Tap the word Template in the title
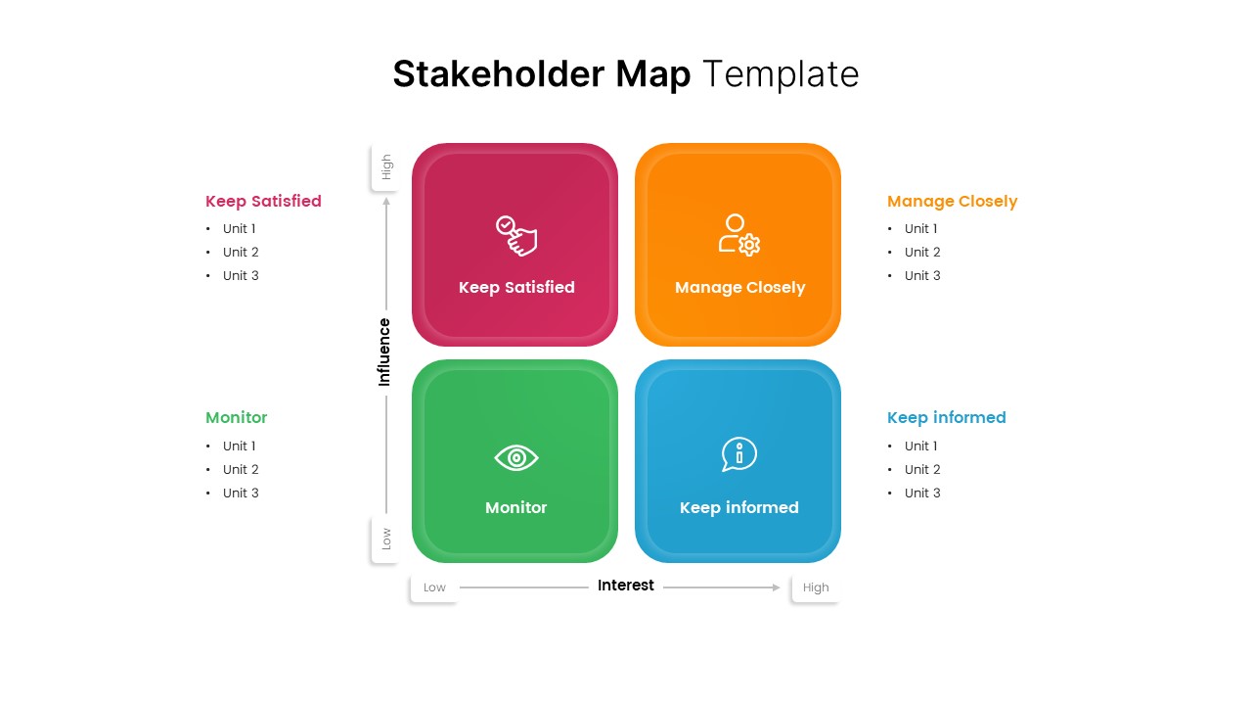click(x=781, y=74)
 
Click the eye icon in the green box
click(x=516, y=457)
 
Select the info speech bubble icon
click(x=739, y=454)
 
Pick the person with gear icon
click(x=739, y=235)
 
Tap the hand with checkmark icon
click(x=516, y=236)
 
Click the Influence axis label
click(x=384, y=352)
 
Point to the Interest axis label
click(x=626, y=586)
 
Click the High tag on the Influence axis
click(x=386, y=167)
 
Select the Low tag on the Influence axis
click(x=386, y=539)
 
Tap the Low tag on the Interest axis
click(x=434, y=587)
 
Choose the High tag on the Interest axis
click(x=816, y=587)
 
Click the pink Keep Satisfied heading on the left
click(x=263, y=201)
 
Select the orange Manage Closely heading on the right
click(x=952, y=201)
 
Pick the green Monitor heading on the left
click(x=236, y=417)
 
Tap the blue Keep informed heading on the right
click(x=946, y=417)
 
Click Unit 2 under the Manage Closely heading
click(x=922, y=252)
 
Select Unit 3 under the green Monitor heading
click(x=241, y=493)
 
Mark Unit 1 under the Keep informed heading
click(x=921, y=446)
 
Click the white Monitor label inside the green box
click(x=516, y=507)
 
